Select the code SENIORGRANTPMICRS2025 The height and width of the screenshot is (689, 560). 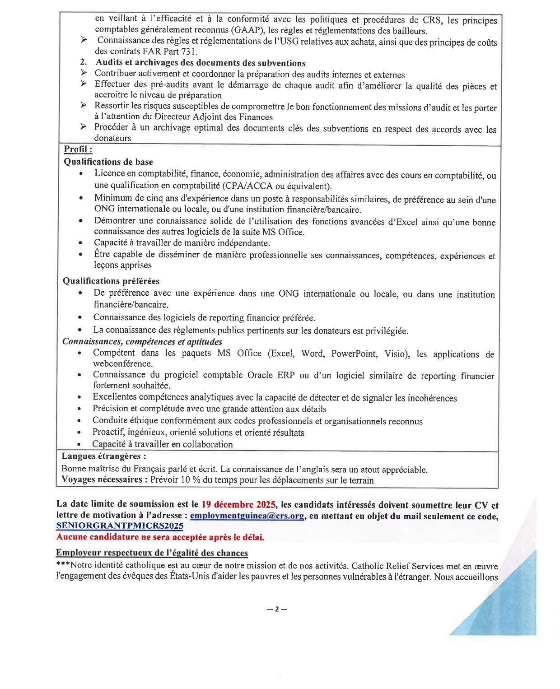[x=120, y=526]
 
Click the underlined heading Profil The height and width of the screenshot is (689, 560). [x=78, y=149]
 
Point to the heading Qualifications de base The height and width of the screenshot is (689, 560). [x=108, y=162]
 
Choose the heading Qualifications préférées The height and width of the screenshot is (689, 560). [x=111, y=281]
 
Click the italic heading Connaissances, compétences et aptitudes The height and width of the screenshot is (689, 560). [x=142, y=341]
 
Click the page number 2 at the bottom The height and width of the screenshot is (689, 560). [x=277, y=609]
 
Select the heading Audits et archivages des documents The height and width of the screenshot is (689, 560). [x=201, y=63]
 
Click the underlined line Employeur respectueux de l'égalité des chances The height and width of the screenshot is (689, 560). [x=152, y=553]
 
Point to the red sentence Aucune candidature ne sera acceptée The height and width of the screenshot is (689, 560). [x=160, y=537]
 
